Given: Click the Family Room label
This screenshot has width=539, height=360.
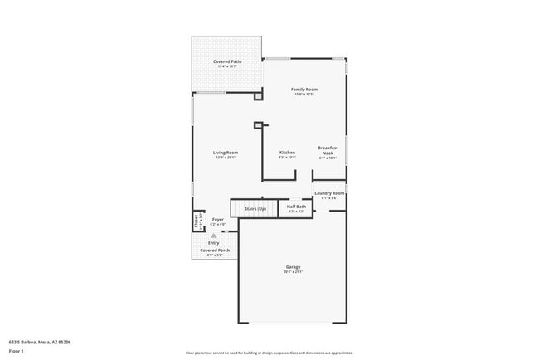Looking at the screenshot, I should (x=304, y=89).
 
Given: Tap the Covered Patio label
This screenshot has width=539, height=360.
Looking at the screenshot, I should (x=226, y=61).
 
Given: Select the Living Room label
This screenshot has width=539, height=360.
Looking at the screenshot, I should (x=226, y=153).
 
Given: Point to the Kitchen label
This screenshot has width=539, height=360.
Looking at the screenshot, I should (x=287, y=153).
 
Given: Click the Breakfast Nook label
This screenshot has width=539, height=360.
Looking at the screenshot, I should (x=328, y=150).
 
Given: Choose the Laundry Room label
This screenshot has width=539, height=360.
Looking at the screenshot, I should (x=329, y=193).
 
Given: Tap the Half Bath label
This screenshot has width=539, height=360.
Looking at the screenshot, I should (x=296, y=207).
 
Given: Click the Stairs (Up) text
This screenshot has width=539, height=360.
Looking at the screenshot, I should (x=255, y=209).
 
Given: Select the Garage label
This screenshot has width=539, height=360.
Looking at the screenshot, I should (x=293, y=267).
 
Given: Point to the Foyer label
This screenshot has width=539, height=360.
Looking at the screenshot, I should (x=218, y=220).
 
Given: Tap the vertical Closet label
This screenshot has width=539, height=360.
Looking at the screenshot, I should (x=197, y=221).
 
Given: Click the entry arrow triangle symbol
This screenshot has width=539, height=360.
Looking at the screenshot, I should (x=213, y=235).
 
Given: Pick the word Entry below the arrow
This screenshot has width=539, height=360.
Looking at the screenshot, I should (x=213, y=242).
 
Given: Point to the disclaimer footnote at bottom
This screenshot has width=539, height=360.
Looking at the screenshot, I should (x=269, y=353).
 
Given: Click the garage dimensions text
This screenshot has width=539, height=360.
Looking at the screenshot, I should (x=293, y=272).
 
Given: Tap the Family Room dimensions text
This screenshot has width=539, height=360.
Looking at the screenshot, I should (x=304, y=94).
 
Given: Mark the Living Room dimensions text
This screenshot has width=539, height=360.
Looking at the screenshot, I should (x=226, y=158).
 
